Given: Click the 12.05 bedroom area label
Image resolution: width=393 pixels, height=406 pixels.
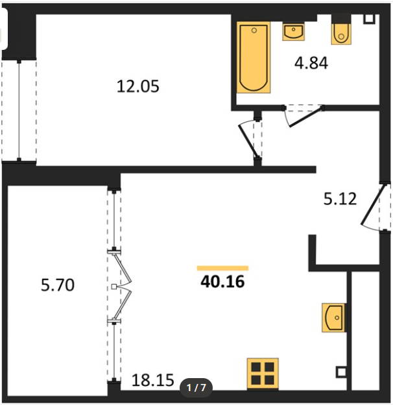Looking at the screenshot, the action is click(138, 86).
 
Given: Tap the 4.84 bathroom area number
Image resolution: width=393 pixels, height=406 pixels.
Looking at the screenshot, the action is click(311, 63).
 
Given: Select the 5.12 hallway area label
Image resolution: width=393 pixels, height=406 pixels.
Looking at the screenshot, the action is click(340, 199).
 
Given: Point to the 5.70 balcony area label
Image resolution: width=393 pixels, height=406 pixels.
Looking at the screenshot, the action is click(58, 285).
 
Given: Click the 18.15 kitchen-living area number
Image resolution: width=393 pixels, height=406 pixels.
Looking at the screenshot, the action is click(153, 380).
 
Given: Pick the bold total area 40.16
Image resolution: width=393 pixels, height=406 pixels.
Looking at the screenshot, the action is click(222, 281).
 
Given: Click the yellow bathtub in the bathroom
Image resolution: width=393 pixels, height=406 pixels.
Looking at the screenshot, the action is click(254, 58).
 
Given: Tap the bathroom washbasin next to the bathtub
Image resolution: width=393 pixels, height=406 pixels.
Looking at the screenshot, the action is click(293, 32).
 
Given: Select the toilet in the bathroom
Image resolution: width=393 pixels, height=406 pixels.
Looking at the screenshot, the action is click(341, 34).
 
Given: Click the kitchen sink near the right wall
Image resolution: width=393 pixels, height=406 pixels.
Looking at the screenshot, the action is click(333, 318).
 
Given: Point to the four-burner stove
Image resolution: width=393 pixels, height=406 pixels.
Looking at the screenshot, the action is click(263, 374).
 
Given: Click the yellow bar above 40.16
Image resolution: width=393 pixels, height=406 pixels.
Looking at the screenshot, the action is click(222, 269).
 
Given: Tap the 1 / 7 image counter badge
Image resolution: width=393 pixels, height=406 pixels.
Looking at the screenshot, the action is click(196, 388).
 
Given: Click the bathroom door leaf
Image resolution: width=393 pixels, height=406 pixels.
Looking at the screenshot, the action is click(306, 117).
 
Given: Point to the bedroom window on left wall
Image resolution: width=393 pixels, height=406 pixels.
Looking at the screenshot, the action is click(19, 110).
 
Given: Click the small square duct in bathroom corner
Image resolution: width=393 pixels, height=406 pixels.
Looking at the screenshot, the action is click(369, 19).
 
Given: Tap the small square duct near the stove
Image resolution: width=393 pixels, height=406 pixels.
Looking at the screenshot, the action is click(341, 372).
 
